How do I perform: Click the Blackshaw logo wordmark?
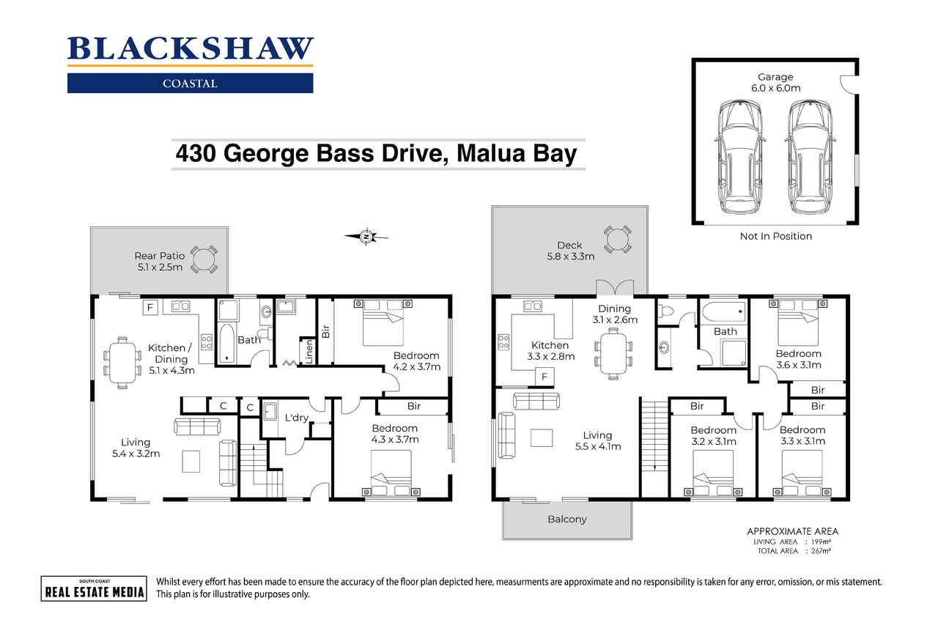click(190, 48)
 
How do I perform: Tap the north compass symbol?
click(366, 236)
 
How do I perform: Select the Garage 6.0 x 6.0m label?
click(775, 82)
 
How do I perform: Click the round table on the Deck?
click(617, 239)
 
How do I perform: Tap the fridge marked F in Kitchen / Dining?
click(149, 306)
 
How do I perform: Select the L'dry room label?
click(296, 418)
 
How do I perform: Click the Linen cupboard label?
click(309, 350)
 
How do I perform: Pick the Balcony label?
click(567, 519)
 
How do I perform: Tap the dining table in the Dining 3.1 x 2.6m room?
click(613, 352)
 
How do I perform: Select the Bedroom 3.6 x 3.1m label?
click(799, 359)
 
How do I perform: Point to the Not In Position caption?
click(775, 236)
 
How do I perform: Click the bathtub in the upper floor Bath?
click(723, 314)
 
